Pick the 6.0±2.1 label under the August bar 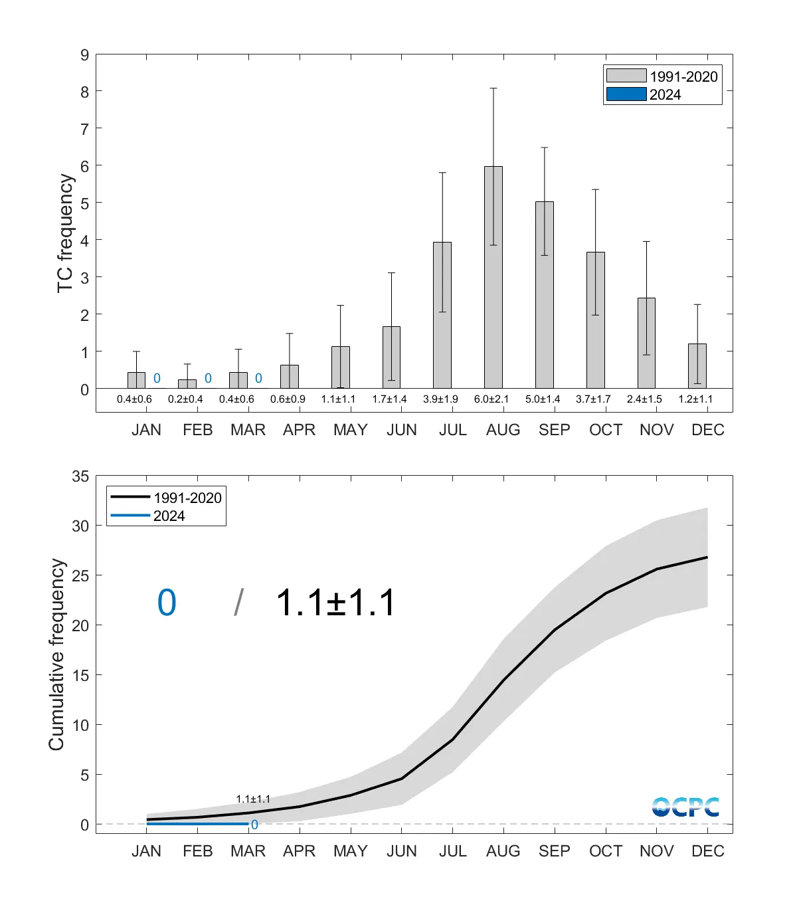pos(491,399)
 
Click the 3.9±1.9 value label pos(440,399)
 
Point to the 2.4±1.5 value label pos(644,399)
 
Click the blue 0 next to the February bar pos(208,378)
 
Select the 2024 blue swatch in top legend pos(626,94)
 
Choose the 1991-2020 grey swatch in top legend pos(626,76)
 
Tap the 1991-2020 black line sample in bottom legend pos(130,497)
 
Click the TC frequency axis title pos(64,233)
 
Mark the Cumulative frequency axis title pos(56,654)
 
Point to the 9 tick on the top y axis pos(84,55)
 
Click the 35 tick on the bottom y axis pos(80,476)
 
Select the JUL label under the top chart pos(452,430)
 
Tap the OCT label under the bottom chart pos(605,851)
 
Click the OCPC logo pos(685,807)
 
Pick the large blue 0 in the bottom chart pos(167,603)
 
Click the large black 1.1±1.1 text pos(335,603)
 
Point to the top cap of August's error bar pos(493,88)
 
